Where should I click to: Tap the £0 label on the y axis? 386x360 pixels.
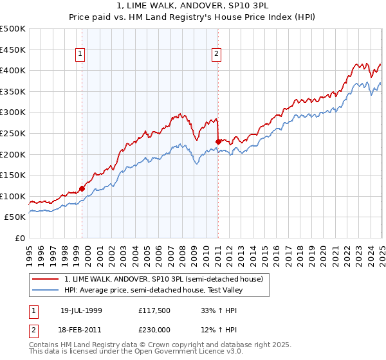point(20,238)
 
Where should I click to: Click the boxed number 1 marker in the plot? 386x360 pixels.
point(80,55)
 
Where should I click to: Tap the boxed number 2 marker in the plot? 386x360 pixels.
point(216,55)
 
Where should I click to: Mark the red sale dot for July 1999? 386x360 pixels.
point(82,188)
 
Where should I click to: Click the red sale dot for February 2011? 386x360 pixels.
point(219,141)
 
